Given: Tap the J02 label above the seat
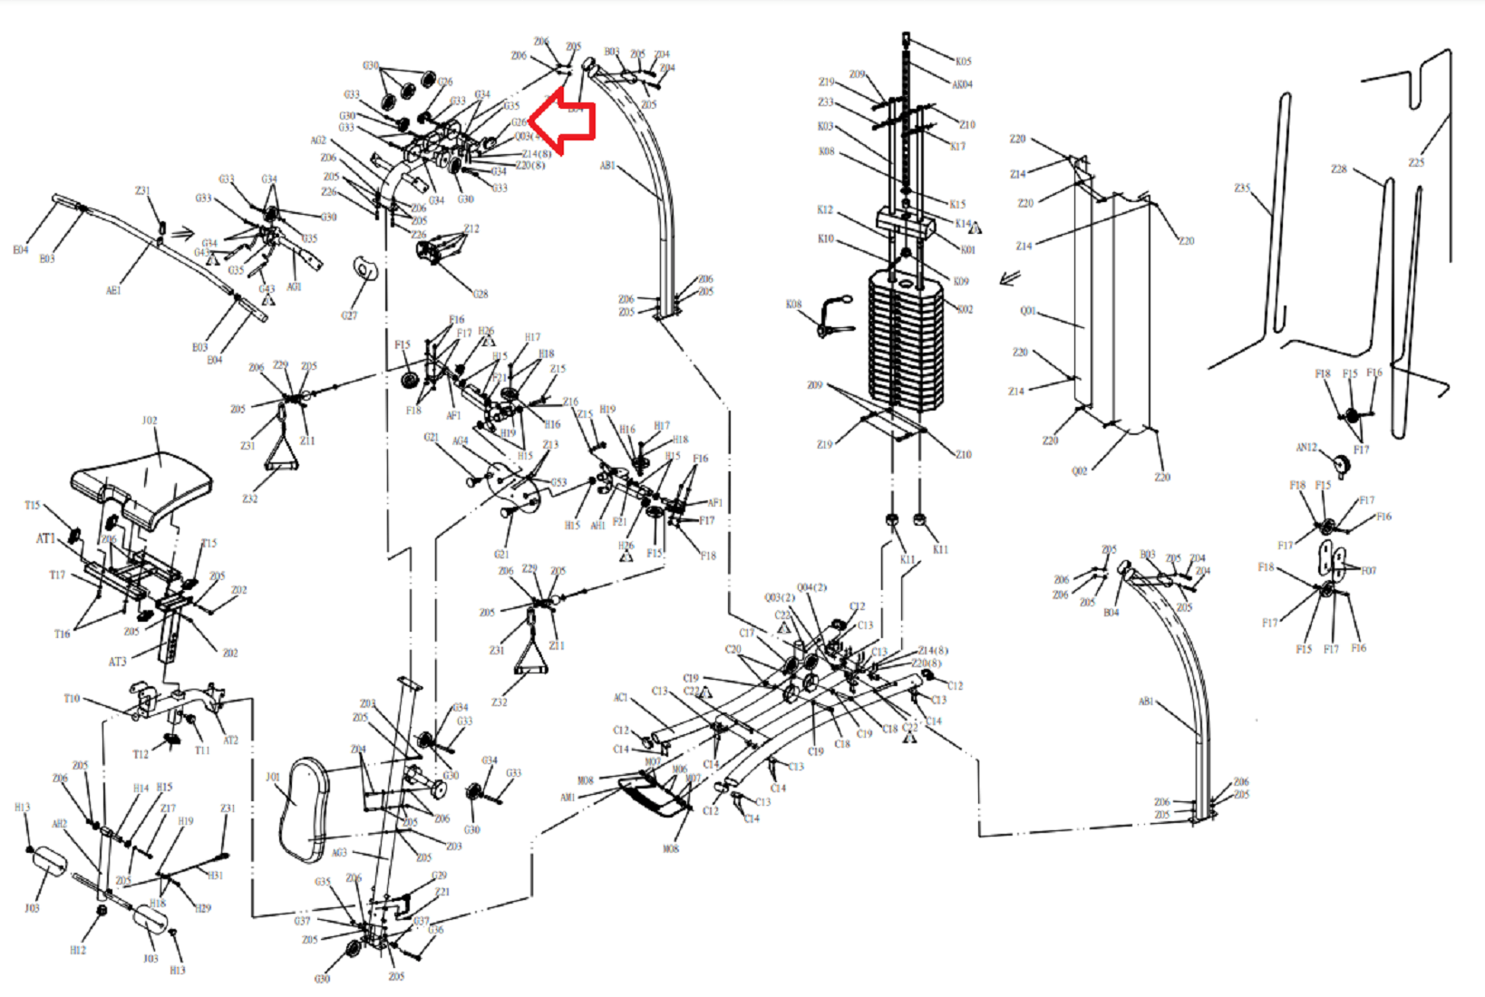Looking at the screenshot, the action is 150,421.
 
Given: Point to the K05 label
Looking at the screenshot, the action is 963,62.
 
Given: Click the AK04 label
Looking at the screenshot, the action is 962,84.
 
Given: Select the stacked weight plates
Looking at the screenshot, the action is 906,340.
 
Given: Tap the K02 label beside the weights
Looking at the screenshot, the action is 965,309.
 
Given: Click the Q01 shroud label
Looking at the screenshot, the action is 1027,311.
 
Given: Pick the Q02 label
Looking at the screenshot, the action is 1079,470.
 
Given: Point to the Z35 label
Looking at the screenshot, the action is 1242,188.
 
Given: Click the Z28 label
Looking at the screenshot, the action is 1339,169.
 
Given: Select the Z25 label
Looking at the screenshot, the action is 1416,163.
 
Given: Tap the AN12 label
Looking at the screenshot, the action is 1306,447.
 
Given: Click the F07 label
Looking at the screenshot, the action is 1368,570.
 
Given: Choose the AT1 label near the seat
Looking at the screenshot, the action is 45,538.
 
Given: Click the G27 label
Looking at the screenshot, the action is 349,315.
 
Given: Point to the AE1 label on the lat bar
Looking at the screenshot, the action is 113,291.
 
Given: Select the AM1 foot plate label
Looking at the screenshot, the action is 568,798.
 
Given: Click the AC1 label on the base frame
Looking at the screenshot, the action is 620,697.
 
